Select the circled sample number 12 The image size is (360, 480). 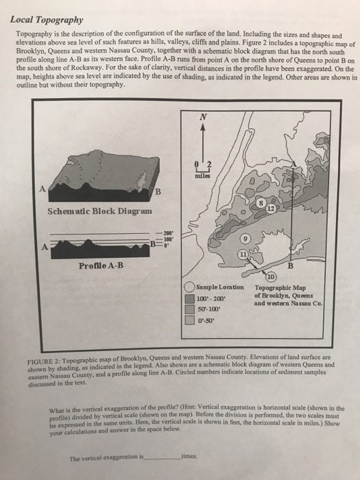(273, 208)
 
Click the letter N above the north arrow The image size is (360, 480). (203, 117)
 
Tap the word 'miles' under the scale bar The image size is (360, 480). (203, 174)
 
